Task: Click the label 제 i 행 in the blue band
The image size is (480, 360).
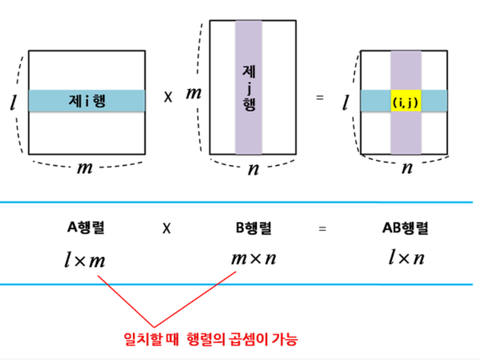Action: [87, 101]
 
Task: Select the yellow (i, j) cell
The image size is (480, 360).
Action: [405, 101]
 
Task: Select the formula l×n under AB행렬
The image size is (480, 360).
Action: [405, 259]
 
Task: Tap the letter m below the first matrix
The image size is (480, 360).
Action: [85, 168]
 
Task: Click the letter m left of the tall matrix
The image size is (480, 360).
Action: [193, 94]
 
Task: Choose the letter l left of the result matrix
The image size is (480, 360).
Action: [345, 103]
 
